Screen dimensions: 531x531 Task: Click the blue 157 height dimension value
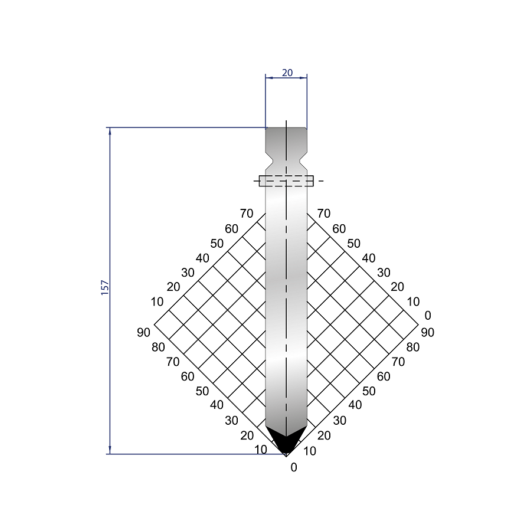pyautogui.click(x=105, y=287)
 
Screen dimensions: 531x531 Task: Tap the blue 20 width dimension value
pyautogui.click(x=287, y=73)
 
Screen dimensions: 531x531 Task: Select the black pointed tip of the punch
pyautogui.click(x=286, y=440)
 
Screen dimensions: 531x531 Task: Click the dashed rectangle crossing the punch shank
pyautogui.click(x=286, y=181)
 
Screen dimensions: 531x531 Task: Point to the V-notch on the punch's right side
pyautogui.click(x=303, y=162)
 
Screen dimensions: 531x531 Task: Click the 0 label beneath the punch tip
pyautogui.click(x=294, y=467)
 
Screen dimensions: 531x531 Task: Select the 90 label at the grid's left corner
pyautogui.click(x=143, y=332)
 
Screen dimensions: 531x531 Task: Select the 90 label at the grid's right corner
pyautogui.click(x=427, y=332)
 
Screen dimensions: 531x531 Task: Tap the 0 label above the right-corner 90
pyautogui.click(x=428, y=315)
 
